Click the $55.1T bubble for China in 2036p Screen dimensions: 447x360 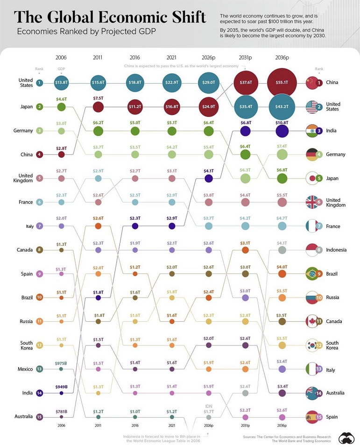pyautogui.click(x=282, y=82)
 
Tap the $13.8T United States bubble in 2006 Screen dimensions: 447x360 pyautogui.click(x=61, y=82)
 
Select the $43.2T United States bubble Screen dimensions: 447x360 pyautogui.click(x=282, y=106)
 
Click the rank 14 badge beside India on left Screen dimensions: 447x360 pyautogui.click(x=40, y=393)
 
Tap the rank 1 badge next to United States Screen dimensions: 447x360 pyautogui.click(x=40, y=83)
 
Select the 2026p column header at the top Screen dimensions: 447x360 pyautogui.click(x=209, y=57)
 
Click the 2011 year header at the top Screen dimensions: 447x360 pyautogui.click(x=98, y=57)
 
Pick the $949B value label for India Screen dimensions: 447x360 pyautogui.click(x=61, y=386)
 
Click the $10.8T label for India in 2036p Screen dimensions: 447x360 pyautogui.click(x=282, y=123)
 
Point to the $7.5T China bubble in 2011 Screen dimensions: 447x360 pyautogui.click(x=98, y=106)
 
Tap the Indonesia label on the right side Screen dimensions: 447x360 pyautogui.click(x=336, y=250)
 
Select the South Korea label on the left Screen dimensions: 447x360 pyautogui.click(x=26, y=345)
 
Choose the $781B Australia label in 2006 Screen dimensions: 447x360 pyautogui.click(x=61, y=411)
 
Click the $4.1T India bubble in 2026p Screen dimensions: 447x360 pyautogui.click(x=209, y=178)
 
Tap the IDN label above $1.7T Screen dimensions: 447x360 pyautogui.click(x=209, y=406)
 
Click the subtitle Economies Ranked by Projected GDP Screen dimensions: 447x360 pyautogui.click(x=85, y=31)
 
